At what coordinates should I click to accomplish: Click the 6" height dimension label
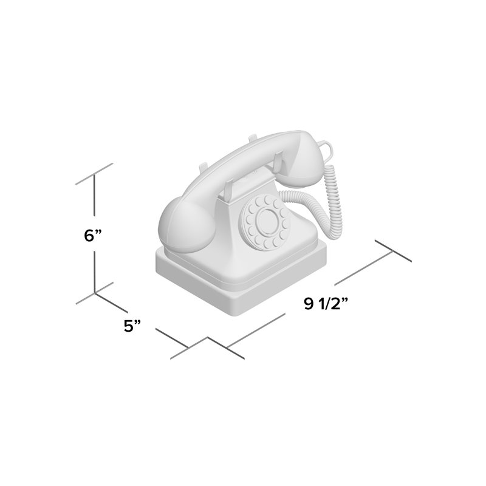click(93, 235)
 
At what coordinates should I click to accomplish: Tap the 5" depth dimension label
click(132, 326)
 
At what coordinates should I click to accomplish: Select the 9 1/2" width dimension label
click(326, 303)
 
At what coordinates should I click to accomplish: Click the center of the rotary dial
click(266, 219)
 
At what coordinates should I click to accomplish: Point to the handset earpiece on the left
click(185, 225)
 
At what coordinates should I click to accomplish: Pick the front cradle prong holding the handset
click(230, 191)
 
